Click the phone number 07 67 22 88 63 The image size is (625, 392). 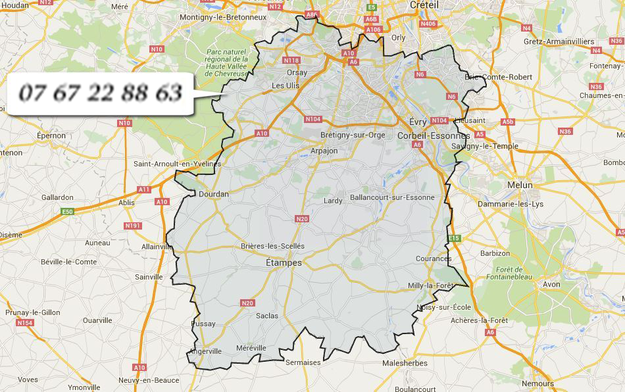[100, 93]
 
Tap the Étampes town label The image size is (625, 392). [284, 262]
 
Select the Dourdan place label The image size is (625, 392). [214, 194]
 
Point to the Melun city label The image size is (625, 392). [520, 185]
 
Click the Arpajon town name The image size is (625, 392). [324, 151]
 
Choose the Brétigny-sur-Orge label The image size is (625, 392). [352, 135]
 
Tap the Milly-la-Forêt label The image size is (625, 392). [431, 285]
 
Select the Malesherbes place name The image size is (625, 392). [405, 363]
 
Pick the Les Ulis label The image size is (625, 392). [286, 86]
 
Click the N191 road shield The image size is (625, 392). [133, 226]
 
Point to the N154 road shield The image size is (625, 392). [25, 323]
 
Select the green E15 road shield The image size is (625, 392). [453, 237]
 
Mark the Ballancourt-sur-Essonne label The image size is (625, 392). [392, 197]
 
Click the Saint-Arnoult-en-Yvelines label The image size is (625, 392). [177, 164]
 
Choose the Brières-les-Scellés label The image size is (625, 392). [272, 246]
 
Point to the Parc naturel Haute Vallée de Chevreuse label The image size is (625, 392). [226, 62]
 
